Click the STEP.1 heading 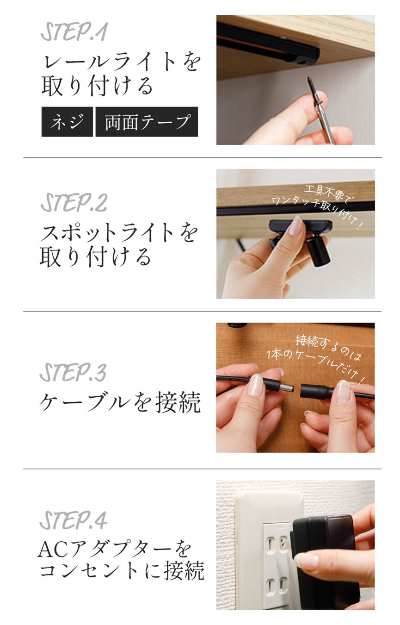click(74, 32)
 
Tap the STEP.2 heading click(74, 203)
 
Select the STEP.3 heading click(73, 373)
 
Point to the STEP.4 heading click(74, 520)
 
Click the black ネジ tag click(67, 122)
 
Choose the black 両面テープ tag click(147, 122)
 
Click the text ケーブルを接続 click(120, 402)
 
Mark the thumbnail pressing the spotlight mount click(295, 226)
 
